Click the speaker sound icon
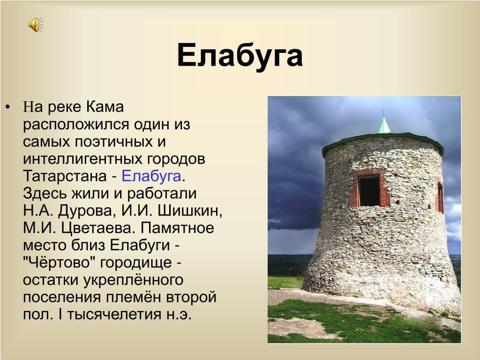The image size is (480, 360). (36, 24)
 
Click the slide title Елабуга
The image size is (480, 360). (240, 55)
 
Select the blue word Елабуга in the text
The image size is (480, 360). (151, 176)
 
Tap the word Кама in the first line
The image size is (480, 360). (105, 107)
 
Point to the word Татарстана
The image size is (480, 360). (65, 176)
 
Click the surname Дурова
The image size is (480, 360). (85, 211)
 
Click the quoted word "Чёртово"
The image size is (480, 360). (59, 262)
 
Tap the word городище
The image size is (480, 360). (136, 263)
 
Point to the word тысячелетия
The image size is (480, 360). (114, 315)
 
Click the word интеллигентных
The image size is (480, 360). (82, 159)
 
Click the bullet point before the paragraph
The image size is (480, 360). (7, 107)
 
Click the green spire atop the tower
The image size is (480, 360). (383, 123)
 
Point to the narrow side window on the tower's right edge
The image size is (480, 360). (440, 196)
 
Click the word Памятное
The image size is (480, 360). (178, 228)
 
